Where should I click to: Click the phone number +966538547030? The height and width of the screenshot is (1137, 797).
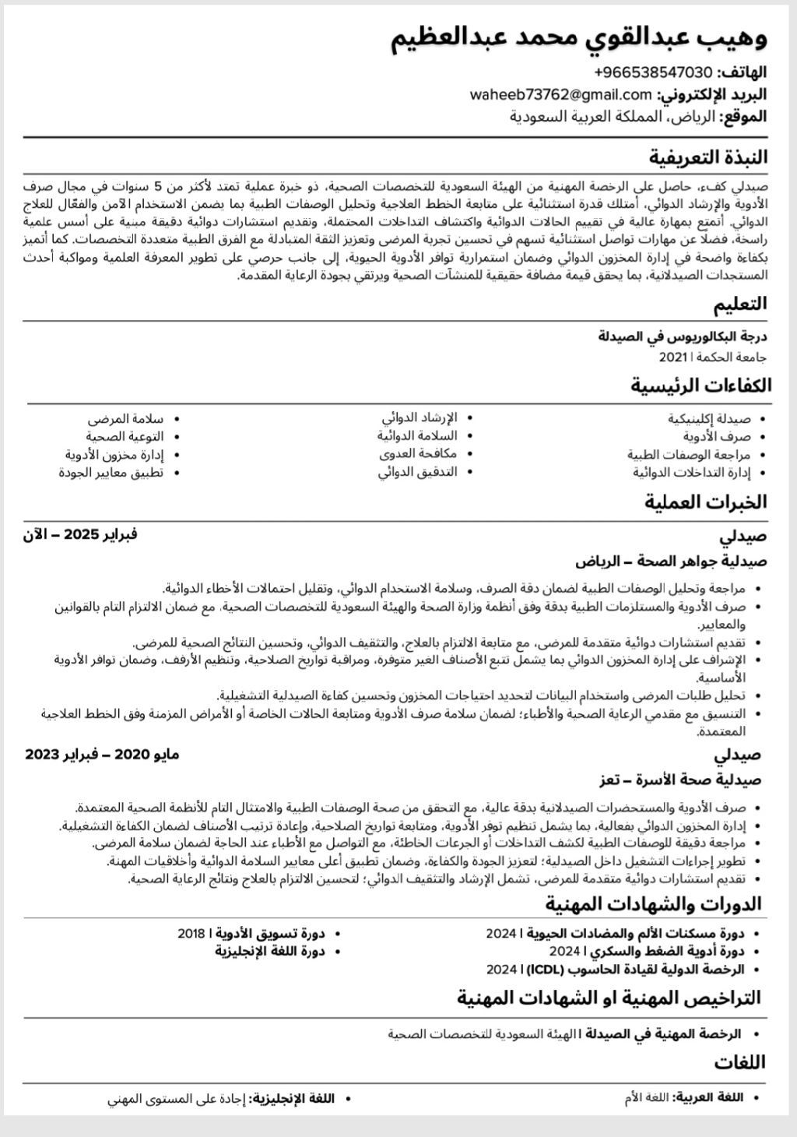(x=653, y=72)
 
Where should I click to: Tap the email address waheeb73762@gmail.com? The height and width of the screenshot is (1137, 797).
(x=560, y=95)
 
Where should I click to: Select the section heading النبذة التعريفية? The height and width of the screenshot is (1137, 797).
(x=708, y=157)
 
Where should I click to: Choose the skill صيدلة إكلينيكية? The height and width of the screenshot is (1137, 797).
(x=709, y=418)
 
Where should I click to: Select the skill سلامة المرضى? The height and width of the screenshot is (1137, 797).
(x=125, y=418)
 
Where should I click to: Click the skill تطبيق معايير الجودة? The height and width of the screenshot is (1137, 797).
(x=111, y=472)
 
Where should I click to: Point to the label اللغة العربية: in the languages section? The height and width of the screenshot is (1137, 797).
(x=707, y=1097)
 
